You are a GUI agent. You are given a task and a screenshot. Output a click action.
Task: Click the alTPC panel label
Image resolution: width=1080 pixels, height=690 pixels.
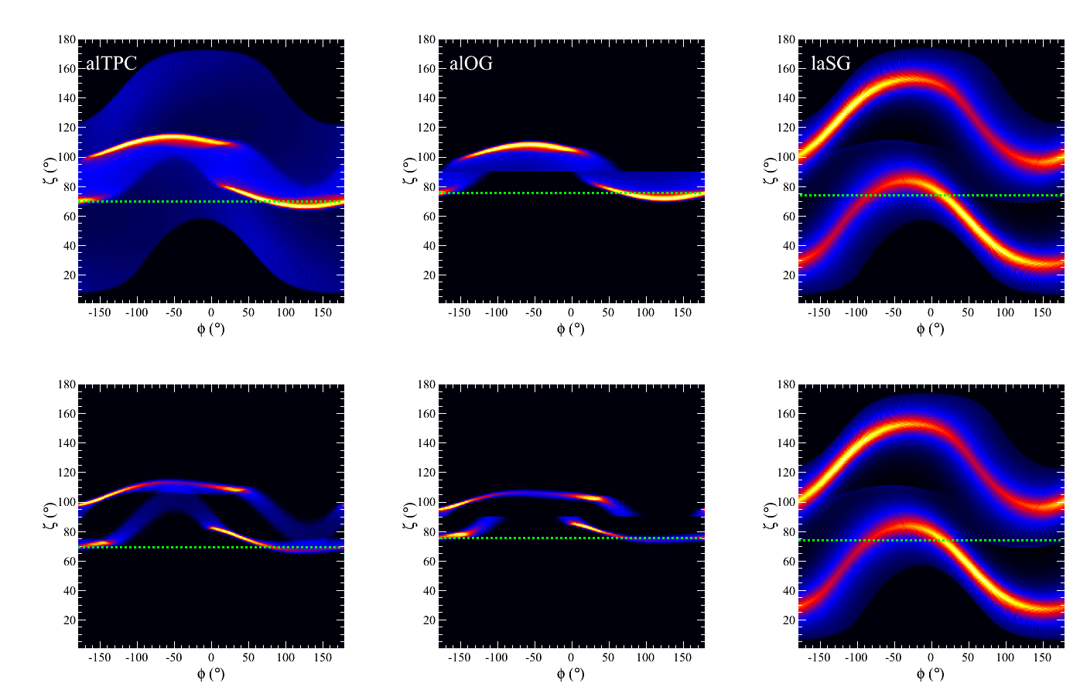[111, 63]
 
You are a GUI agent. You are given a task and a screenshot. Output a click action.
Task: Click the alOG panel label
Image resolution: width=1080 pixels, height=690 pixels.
[471, 63]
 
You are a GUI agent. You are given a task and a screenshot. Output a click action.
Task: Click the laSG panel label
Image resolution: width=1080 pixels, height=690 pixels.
[830, 63]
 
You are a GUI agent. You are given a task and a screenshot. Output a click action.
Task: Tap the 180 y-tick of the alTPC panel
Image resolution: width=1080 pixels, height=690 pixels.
[67, 39]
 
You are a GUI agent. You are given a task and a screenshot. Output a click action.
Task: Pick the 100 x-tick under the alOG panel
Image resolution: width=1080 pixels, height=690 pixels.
[644, 313]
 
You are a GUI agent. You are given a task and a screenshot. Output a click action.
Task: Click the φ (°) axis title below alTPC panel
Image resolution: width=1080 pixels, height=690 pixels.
[210, 329]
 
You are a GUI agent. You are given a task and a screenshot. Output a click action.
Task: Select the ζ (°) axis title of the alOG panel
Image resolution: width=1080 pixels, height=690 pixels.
[408, 170]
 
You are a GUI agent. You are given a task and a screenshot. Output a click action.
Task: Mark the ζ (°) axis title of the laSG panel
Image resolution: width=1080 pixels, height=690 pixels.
[768, 170]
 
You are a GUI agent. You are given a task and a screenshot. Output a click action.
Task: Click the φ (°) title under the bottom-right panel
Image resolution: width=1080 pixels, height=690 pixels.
[931, 675]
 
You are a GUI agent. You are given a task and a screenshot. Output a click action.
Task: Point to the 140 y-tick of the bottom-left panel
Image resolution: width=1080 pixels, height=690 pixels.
[67, 443]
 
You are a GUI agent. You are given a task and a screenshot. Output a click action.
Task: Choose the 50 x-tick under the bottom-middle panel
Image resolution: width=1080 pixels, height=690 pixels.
[608, 658]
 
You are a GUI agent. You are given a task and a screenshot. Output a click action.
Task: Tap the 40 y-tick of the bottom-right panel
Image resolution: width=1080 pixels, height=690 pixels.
[788, 591]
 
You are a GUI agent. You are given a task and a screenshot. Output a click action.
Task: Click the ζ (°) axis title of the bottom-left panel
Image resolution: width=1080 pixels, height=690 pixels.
[47, 515]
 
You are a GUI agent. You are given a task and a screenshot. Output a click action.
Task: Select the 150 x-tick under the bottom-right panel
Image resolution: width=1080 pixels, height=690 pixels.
[1042, 658]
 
